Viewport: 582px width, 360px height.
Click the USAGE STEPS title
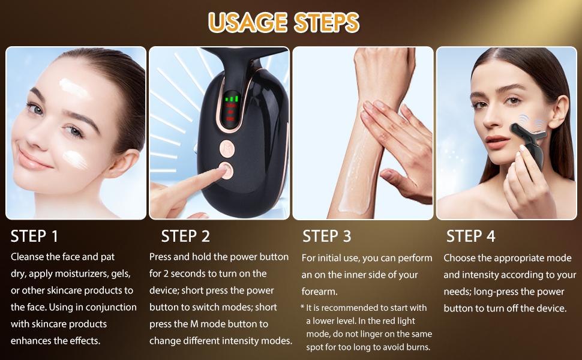click(x=284, y=22)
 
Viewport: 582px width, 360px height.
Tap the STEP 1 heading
click(x=34, y=236)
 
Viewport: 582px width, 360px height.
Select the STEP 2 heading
click(x=185, y=236)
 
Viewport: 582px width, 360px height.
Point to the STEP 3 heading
click(x=326, y=236)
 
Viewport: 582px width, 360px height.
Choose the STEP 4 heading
click(x=470, y=236)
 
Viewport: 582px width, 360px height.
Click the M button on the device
click(x=227, y=148)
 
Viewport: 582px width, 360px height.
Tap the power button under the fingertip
click(x=226, y=170)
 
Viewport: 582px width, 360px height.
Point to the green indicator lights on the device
click(x=231, y=99)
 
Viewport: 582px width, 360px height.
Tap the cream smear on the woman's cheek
click(x=76, y=158)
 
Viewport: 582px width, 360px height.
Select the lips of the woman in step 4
click(x=496, y=142)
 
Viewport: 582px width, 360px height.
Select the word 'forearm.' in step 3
click(x=320, y=292)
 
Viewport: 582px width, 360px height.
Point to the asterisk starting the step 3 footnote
click(x=302, y=307)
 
